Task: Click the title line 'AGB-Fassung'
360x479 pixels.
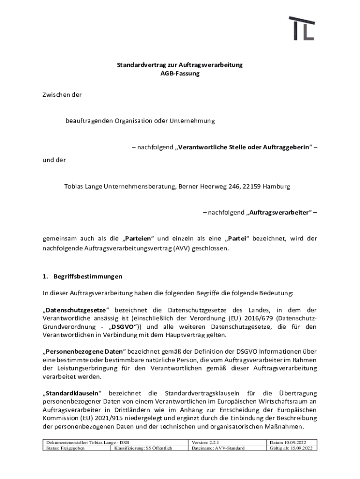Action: click(180, 74)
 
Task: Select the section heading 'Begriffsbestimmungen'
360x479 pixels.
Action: click(85, 276)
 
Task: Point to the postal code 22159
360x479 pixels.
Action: click(251, 186)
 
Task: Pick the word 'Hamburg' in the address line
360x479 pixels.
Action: click(276, 186)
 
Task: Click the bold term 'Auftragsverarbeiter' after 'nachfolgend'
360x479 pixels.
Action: click(279, 213)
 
